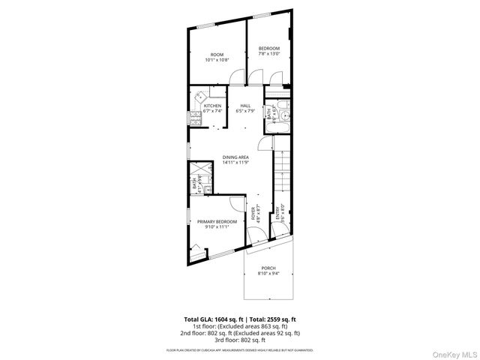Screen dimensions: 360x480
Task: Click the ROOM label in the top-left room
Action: (217, 55)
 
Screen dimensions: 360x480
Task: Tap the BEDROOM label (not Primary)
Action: (269, 49)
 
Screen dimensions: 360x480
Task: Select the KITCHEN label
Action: (211, 106)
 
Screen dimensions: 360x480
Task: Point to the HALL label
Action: (244, 106)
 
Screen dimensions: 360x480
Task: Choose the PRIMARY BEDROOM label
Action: (217, 221)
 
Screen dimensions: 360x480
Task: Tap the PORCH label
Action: (268, 268)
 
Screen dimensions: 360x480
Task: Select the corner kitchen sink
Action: (201, 97)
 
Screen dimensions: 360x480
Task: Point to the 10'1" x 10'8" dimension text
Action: (217, 60)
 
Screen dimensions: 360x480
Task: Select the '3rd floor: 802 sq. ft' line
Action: (239, 339)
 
